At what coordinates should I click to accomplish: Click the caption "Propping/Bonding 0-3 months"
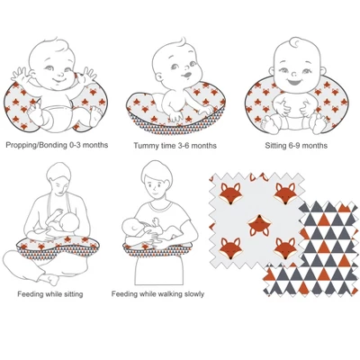[57, 145]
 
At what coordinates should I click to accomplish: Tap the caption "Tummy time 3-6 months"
[175, 146]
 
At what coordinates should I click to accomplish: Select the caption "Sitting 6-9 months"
[296, 146]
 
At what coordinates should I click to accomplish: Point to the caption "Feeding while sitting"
[50, 294]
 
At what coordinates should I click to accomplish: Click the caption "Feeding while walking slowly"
[157, 294]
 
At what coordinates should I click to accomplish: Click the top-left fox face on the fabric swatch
[230, 193]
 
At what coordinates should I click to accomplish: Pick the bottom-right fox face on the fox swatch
[285, 248]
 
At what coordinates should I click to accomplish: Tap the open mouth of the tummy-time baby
[186, 74]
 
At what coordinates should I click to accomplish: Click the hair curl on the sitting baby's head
[297, 42]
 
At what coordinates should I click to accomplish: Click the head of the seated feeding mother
[58, 180]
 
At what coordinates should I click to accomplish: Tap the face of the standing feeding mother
[156, 186]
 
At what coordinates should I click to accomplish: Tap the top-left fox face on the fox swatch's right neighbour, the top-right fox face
[285, 193]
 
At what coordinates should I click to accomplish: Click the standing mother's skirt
[158, 269]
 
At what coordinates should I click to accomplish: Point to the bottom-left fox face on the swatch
[230, 248]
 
